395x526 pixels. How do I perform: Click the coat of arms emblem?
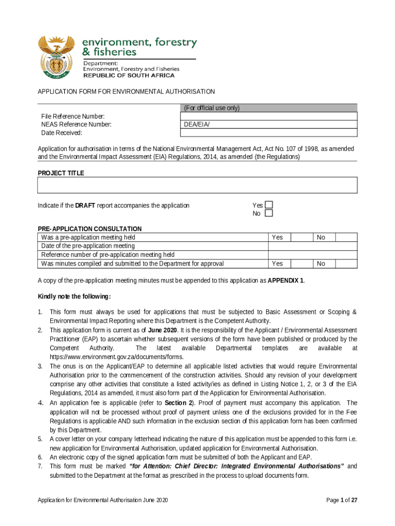click(56, 58)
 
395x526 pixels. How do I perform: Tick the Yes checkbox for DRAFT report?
click(269, 205)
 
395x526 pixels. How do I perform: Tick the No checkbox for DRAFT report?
click(269, 214)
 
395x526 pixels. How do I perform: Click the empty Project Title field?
click(197, 185)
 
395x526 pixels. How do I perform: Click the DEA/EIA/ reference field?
click(269, 125)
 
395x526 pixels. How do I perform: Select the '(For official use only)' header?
click(211, 108)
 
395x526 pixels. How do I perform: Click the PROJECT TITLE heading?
click(61, 173)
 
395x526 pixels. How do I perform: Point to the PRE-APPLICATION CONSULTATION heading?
click(90, 229)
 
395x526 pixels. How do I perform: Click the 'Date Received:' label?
click(62, 133)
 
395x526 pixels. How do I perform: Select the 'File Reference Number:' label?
click(73, 117)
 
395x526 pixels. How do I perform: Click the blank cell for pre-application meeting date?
click(313, 246)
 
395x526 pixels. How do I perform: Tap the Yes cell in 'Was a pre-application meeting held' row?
click(278, 237)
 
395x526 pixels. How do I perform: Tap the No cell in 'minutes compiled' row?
click(321, 264)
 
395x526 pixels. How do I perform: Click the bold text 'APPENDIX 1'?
click(286, 281)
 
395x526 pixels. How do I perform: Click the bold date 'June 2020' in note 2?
click(162, 330)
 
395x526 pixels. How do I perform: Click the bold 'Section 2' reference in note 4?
click(179, 403)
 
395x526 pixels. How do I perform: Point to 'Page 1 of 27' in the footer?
click(342, 500)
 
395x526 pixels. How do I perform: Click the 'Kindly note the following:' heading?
click(74, 297)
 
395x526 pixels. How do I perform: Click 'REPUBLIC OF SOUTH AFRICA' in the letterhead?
click(129, 75)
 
